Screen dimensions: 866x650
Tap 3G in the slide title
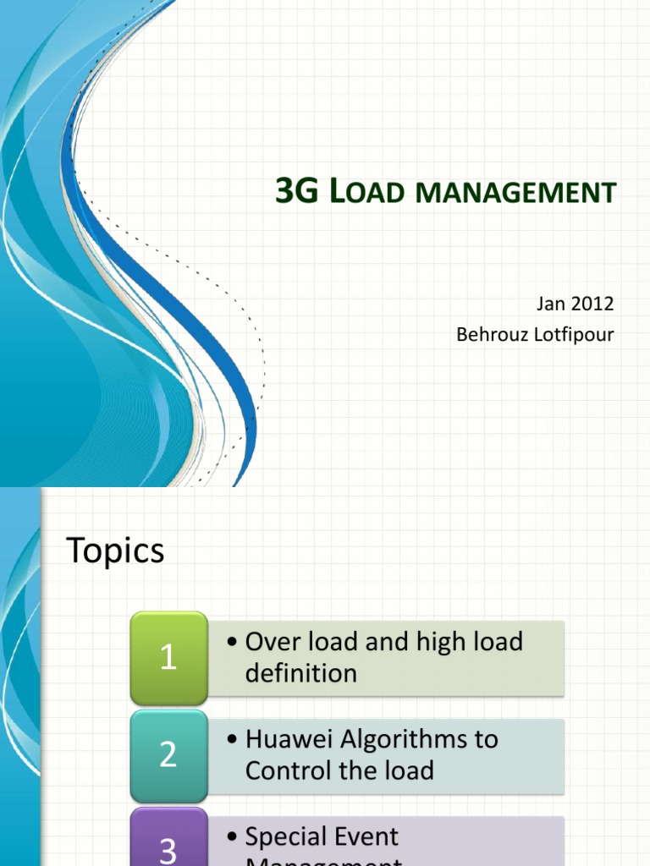[x=295, y=192]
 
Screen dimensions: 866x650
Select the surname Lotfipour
[x=573, y=335]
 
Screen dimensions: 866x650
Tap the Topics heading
[x=115, y=551]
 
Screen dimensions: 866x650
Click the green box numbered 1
[x=168, y=657]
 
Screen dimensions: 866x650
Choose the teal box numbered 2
[x=168, y=754]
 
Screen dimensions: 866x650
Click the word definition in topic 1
[x=300, y=673]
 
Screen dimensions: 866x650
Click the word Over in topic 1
[x=270, y=641]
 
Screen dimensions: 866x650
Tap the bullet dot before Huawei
[x=233, y=740]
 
